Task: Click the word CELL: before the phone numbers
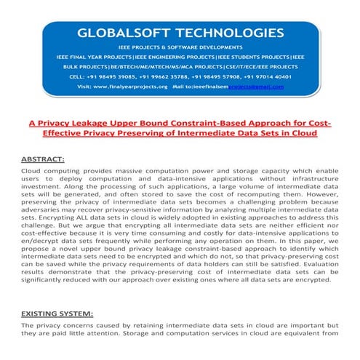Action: [x=79, y=75]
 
